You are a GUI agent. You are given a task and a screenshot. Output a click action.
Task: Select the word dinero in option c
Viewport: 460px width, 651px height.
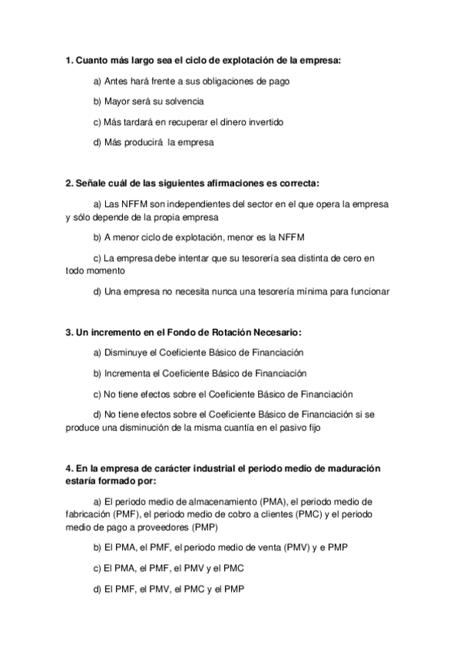[x=224, y=121]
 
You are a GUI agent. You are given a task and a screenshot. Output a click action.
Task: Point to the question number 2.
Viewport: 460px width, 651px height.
[x=69, y=183]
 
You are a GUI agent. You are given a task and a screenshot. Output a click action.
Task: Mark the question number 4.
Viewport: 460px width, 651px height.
[x=69, y=468]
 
